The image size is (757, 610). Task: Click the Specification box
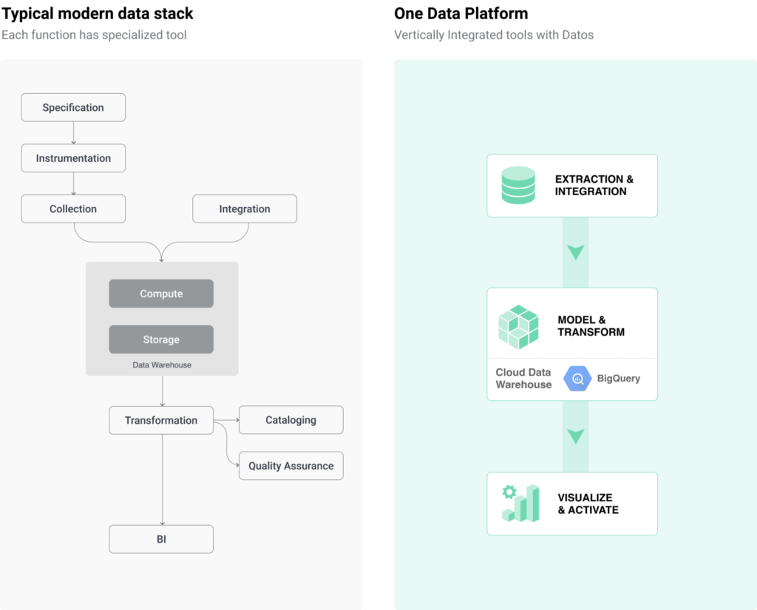[x=73, y=107]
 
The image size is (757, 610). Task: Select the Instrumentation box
[x=73, y=158]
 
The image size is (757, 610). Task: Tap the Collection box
[x=73, y=209]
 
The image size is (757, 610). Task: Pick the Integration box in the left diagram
[x=245, y=209]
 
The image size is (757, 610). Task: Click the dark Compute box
[x=161, y=293]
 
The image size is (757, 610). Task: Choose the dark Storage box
[x=161, y=339]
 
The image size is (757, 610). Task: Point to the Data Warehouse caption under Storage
[x=162, y=365]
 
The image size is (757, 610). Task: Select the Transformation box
[x=161, y=420]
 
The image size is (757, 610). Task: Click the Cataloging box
[x=291, y=420]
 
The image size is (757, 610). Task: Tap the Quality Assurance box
[x=291, y=466]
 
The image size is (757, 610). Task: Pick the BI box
[x=161, y=539]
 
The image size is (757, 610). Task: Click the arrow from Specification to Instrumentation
[x=73, y=133]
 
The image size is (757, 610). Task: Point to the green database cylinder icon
[x=518, y=185]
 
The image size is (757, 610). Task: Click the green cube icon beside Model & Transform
[x=518, y=327]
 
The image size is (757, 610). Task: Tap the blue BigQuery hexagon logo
[x=577, y=379]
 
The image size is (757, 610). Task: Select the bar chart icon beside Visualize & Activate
[x=520, y=504]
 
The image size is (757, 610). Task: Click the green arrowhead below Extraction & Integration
[x=575, y=252]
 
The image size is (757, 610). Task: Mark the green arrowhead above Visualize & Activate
[x=575, y=436]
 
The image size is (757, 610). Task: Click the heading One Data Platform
[x=461, y=13]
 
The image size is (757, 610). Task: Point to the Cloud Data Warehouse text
[x=524, y=378]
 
